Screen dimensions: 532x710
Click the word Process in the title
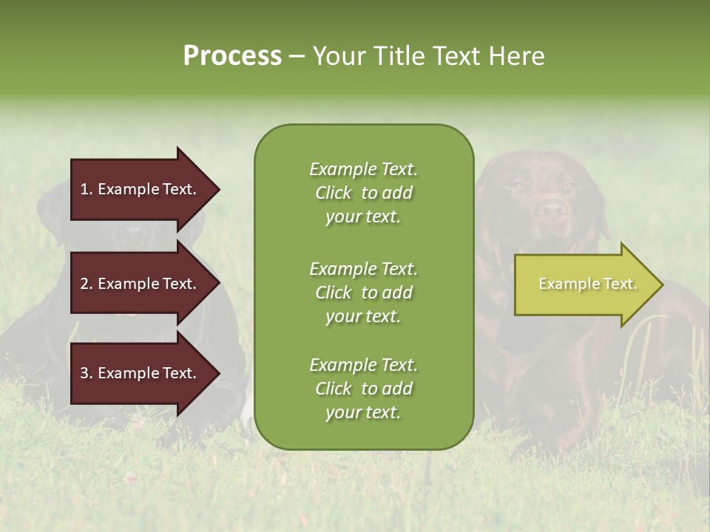tap(232, 56)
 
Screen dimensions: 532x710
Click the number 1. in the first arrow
tap(87, 189)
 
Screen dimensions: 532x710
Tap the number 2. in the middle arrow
tap(87, 284)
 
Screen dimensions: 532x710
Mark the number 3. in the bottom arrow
tap(87, 373)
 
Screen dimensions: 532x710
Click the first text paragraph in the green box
tap(363, 193)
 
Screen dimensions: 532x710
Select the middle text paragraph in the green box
tap(363, 293)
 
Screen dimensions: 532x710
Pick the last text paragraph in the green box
tap(363, 389)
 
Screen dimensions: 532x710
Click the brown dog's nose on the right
tap(550, 208)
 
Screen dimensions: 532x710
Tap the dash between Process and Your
tap(297, 57)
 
